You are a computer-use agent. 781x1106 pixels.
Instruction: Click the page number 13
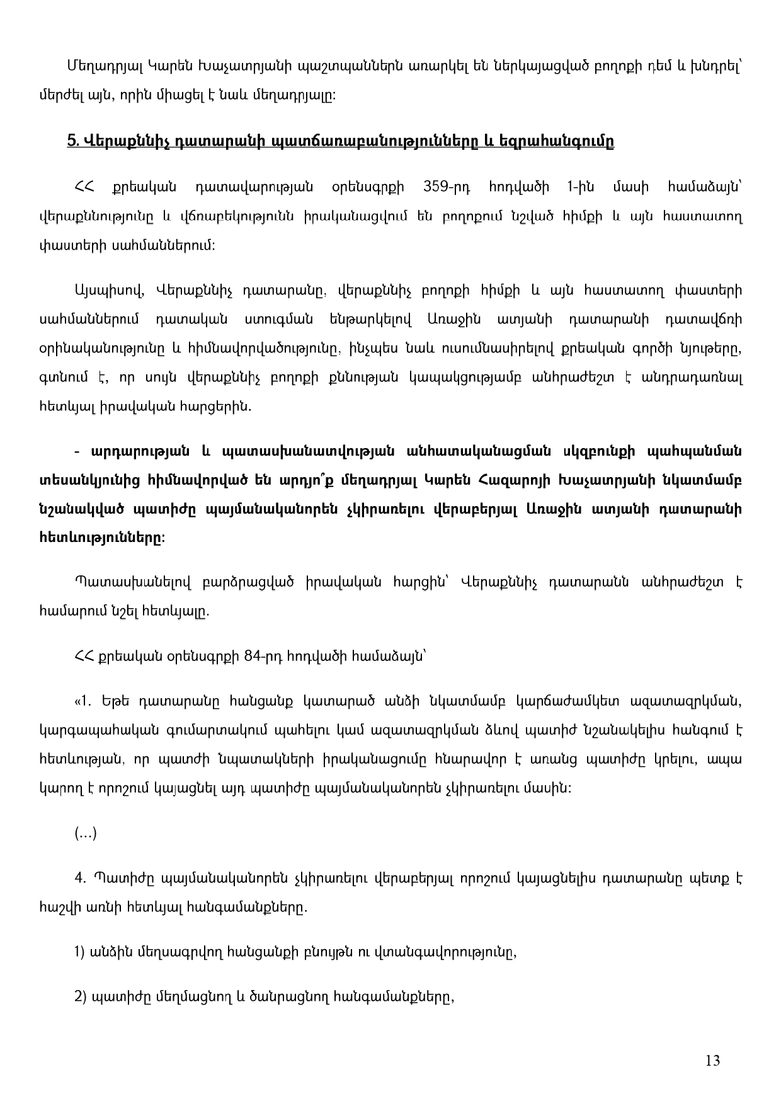pos(712,1061)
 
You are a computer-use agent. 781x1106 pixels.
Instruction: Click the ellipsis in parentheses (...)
pos(86,834)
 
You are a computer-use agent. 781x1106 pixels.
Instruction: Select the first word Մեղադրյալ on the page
pos(98,66)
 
